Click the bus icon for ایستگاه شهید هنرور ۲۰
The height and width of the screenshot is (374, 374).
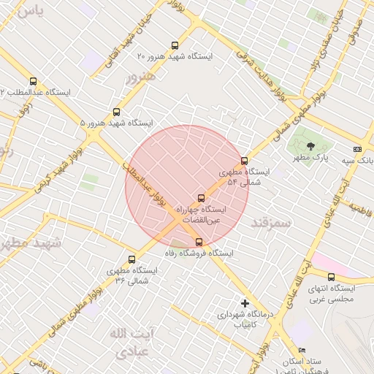(x=174, y=45)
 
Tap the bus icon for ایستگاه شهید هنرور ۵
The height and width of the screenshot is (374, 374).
(x=115, y=112)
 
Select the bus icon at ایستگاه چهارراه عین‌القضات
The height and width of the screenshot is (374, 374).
(x=202, y=198)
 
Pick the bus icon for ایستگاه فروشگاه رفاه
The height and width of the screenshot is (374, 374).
(x=199, y=242)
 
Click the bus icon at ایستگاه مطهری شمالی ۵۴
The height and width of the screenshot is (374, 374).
(x=244, y=161)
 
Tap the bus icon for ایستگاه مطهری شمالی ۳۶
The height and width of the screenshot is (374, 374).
(x=131, y=259)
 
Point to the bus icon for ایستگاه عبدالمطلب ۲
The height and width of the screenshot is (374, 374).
(x=32, y=81)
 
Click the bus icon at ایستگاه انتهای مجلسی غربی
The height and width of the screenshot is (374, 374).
(x=331, y=277)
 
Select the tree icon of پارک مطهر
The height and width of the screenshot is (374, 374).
(x=310, y=145)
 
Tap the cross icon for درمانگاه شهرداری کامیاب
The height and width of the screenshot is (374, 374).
(x=245, y=302)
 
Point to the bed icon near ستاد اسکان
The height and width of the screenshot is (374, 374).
(x=302, y=351)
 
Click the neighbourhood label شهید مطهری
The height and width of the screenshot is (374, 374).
(x=22, y=243)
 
